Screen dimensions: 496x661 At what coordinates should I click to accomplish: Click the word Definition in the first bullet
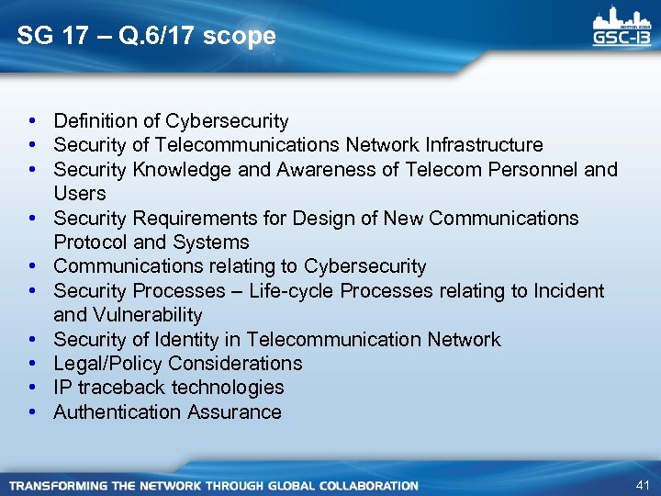point(94,120)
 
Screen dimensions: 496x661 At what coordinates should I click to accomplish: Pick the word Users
point(80,194)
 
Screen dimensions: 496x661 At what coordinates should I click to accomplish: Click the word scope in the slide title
point(241,36)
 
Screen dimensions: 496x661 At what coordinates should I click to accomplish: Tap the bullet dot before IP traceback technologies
point(32,388)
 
